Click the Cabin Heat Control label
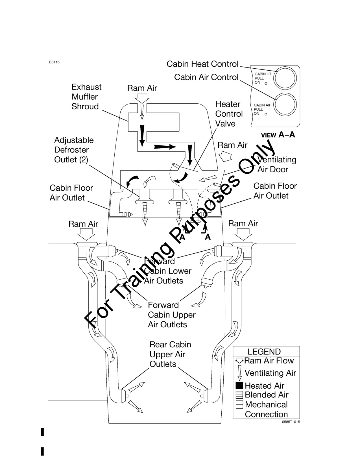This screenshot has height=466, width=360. tap(202, 64)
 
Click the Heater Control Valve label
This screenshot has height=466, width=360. tap(229, 114)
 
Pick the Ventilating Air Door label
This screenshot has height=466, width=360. tap(277, 164)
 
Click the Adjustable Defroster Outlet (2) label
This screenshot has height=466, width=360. tap(74, 150)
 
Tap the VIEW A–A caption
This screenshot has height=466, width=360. tap(278, 135)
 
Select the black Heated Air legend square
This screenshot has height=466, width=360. tap(239, 386)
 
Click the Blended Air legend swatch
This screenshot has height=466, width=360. tap(239, 395)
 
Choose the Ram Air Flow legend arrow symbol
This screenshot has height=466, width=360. tap(239, 361)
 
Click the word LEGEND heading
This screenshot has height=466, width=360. tap(264, 352)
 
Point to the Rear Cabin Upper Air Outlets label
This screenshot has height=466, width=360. tap(170, 354)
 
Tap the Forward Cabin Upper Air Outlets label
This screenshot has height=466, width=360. tap(172, 315)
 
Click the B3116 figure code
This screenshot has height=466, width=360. tap(54, 62)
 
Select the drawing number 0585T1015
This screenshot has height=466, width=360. tap(291, 422)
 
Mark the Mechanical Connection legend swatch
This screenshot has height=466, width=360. tap(239, 404)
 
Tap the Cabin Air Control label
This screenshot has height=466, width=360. tap(206, 77)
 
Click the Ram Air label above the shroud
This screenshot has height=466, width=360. tap(142, 88)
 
